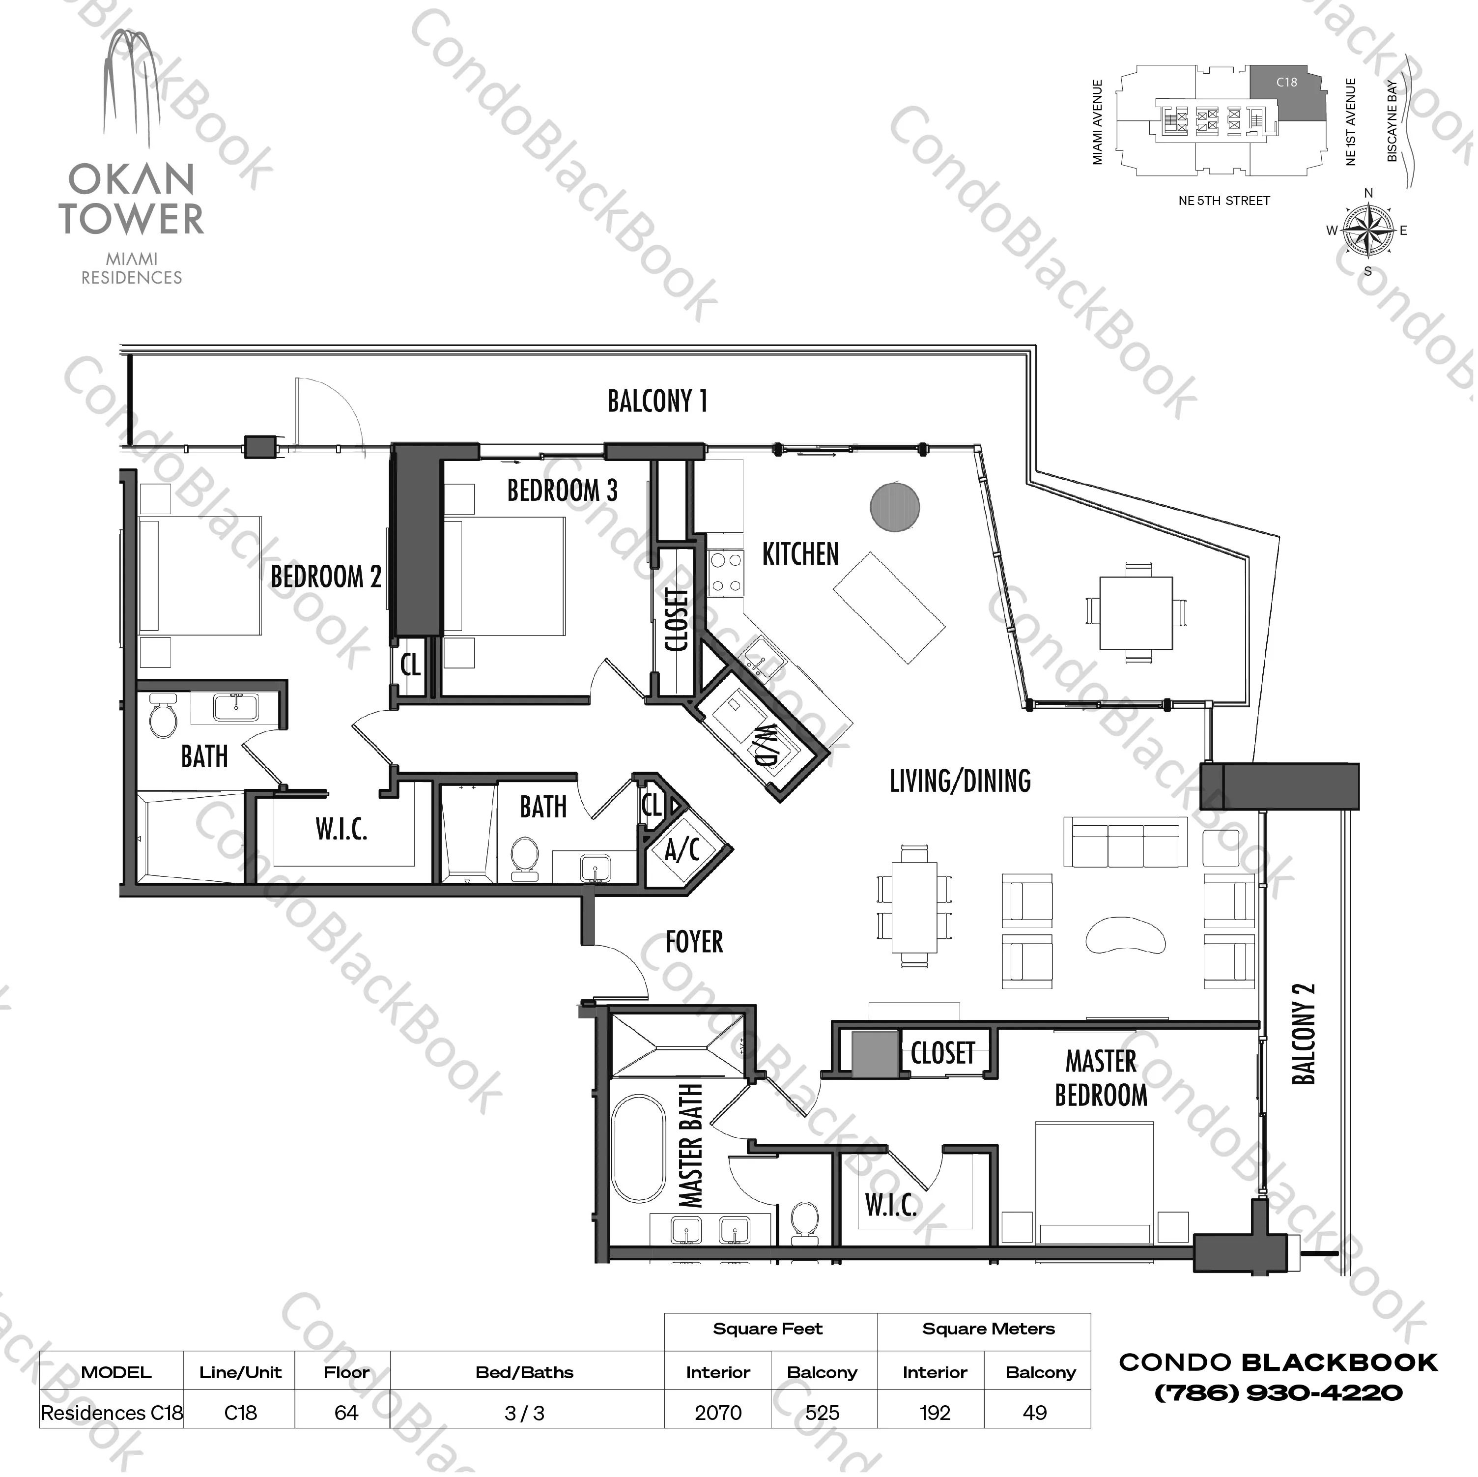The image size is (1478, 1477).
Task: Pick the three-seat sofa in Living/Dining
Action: tap(1125, 842)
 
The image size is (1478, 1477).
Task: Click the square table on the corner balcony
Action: tap(1136, 613)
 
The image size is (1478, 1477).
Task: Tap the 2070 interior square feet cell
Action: tap(717, 1413)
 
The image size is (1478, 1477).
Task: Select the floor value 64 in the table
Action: tap(346, 1413)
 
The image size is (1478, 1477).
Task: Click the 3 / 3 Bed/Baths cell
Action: tap(525, 1413)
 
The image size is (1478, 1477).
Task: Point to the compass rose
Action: tap(1368, 231)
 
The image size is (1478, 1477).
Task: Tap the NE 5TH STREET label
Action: tap(1224, 201)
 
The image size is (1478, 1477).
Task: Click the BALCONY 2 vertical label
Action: tap(1304, 1033)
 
